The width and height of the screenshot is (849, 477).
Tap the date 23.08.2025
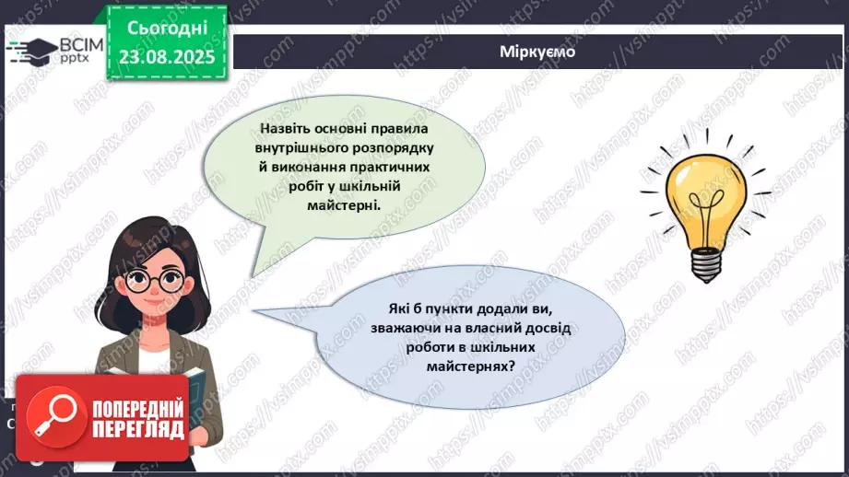[x=166, y=56]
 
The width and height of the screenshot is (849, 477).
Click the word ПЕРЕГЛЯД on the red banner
[x=137, y=428]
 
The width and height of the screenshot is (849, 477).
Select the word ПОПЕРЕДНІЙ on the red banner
[x=137, y=406]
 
